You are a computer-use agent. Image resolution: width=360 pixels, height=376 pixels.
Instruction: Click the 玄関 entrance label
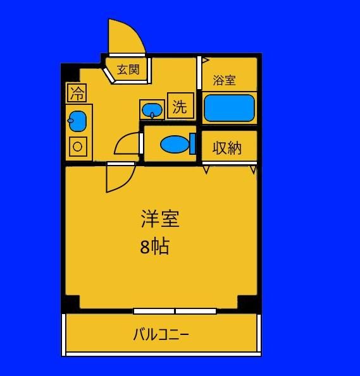(128, 70)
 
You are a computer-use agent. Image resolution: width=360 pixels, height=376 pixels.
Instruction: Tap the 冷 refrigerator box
(77, 93)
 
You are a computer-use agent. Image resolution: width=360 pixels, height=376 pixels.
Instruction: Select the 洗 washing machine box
(180, 106)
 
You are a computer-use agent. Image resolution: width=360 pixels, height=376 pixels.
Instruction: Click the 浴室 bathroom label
(224, 80)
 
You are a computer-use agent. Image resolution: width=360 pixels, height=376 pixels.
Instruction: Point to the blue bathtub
(229, 108)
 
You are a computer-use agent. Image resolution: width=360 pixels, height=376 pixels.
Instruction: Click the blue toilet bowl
(175, 144)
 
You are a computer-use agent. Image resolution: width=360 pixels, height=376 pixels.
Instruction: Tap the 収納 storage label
(227, 148)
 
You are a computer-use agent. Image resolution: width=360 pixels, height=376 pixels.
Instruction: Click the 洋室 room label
(160, 219)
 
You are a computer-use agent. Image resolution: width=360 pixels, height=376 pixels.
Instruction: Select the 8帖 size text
(155, 246)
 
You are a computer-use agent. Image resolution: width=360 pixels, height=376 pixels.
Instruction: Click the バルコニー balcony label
(161, 334)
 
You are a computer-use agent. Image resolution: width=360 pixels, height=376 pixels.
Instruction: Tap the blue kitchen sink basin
(78, 121)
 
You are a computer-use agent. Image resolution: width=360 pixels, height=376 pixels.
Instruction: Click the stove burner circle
(78, 147)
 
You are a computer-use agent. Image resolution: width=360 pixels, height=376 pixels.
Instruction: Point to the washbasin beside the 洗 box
(152, 111)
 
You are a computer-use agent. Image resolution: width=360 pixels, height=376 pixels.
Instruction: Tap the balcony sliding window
(175, 312)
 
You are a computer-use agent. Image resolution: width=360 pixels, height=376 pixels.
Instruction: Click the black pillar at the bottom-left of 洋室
(71, 303)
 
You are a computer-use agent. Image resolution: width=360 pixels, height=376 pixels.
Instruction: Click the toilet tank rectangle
(192, 144)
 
